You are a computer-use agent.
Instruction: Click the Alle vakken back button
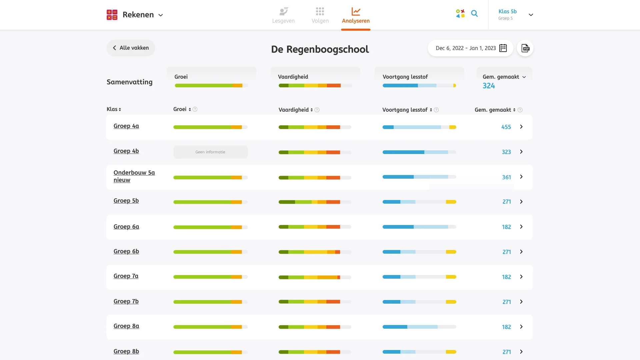click(131, 48)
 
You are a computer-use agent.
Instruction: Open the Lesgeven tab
click(283, 15)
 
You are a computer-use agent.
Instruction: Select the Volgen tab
click(320, 15)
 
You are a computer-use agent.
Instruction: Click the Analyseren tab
click(356, 15)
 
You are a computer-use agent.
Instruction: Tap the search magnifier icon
click(474, 14)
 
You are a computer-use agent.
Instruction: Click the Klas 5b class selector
click(515, 15)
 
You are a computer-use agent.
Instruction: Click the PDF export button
click(525, 48)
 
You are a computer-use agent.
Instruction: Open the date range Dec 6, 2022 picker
click(470, 48)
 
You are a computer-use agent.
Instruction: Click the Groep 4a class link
click(126, 126)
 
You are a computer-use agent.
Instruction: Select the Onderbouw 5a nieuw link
click(134, 176)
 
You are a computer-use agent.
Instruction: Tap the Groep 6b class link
click(126, 251)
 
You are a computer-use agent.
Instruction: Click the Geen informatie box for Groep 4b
click(210, 152)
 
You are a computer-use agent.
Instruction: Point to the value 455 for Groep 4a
click(506, 127)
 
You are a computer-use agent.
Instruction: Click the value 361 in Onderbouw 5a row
click(506, 177)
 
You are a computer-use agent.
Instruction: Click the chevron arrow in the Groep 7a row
click(521, 277)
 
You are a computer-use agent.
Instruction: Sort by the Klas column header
click(114, 109)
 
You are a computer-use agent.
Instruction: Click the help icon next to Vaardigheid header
click(317, 110)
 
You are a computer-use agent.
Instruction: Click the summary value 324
click(489, 86)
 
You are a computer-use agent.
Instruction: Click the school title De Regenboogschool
click(320, 49)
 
